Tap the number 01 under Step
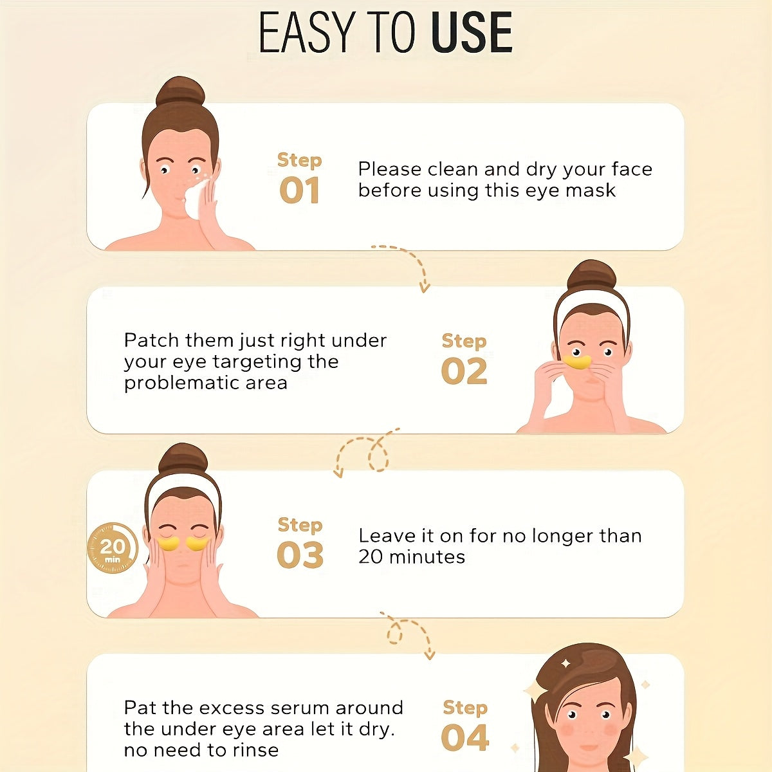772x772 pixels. [299, 190]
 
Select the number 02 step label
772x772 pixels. [464, 371]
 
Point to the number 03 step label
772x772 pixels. [300, 555]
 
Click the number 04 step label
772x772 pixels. [464, 737]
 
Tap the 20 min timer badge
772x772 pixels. [112, 547]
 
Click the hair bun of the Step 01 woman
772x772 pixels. [180, 93]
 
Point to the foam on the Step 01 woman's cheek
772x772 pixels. [197, 199]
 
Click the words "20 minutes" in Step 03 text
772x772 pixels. [412, 557]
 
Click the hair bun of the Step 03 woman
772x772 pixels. [183, 459]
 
